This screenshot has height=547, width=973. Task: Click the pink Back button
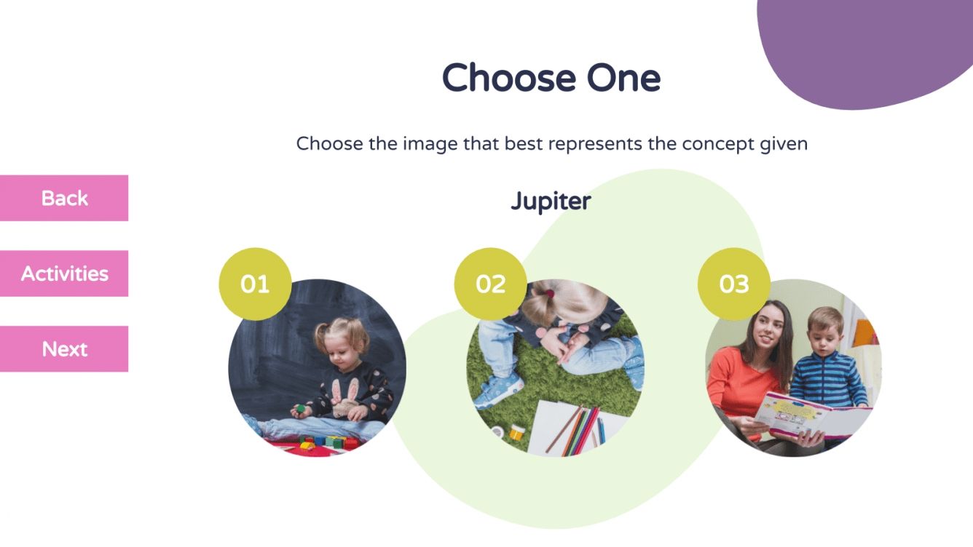pos(64,198)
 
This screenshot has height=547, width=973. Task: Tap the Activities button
pos(64,273)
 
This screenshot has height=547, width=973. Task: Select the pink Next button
pos(64,349)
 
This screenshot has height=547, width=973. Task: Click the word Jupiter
pos(551,201)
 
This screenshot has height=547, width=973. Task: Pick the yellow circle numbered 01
pos(255,284)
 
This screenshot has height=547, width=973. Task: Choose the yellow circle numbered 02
pos(490,284)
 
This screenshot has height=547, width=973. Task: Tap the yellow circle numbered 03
pos(734,284)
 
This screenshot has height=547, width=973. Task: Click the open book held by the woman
pos(808,418)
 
